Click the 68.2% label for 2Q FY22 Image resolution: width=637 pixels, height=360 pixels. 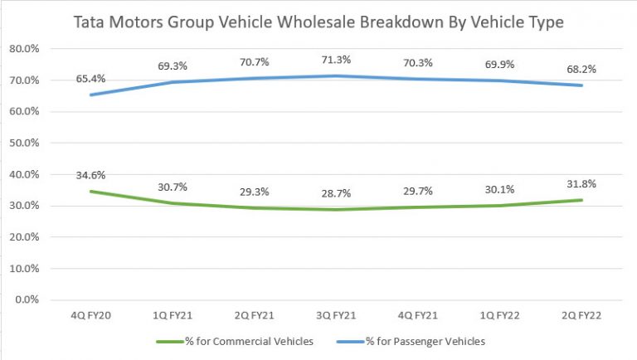[585, 67]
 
